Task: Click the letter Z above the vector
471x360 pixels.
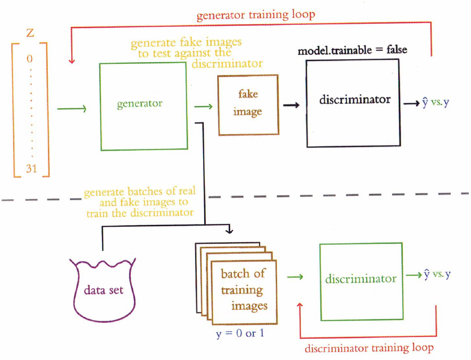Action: (x=30, y=33)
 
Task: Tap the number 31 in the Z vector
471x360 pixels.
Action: (x=31, y=168)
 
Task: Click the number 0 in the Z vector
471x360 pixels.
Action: (x=31, y=58)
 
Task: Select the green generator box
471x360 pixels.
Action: (x=143, y=106)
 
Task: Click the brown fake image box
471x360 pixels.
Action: (x=248, y=104)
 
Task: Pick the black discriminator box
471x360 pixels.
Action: (x=353, y=100)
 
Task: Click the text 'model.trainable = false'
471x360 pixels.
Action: (x=352, y=50)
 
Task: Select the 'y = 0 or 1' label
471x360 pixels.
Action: (x=240, y=333)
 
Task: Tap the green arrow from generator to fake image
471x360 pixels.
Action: (x=203, y=107)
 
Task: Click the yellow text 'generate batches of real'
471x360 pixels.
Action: (x=140, y=192)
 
